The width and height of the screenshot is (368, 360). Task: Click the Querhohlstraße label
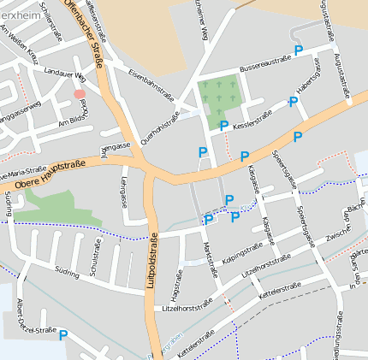click(160, 128)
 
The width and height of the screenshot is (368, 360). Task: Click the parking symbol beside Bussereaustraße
click(298, 51)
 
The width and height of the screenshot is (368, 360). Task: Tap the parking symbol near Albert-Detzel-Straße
click(63, 335)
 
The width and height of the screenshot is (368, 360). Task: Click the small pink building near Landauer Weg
click(79, 93)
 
